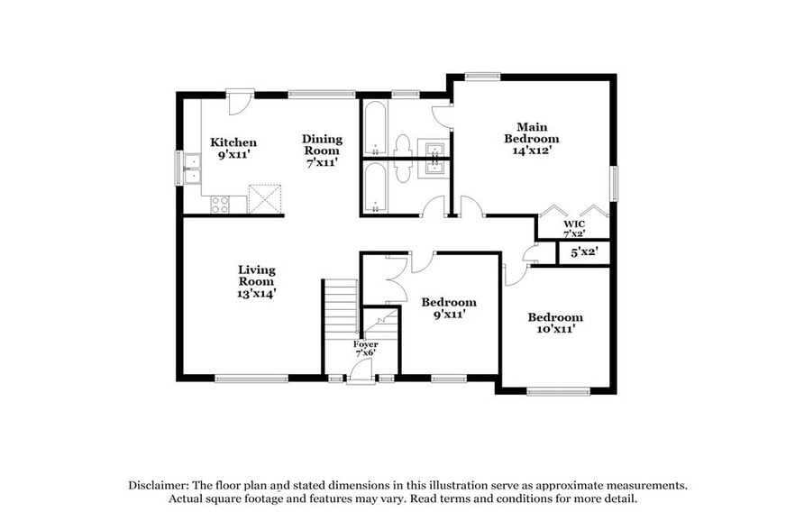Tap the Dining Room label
pyautogui.click(x=322, y=144)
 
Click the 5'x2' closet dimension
pyautogui.click(x=584, y=253)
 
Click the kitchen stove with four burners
pyautogui.click(x=220, y=205)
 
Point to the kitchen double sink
pyautogui.click(x=192, y=169)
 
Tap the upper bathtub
pyautogui.click(x=376, y=129)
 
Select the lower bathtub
pyautogui.click(x=376, y=187)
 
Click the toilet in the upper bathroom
pyautogui.click(x=403, y=146)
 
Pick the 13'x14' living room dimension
pyautogui.click(x=257, y=293)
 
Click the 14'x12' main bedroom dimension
pyautogui.click(x=531, y=151)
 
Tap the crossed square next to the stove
pyautogui.click(x=264, y=198)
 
